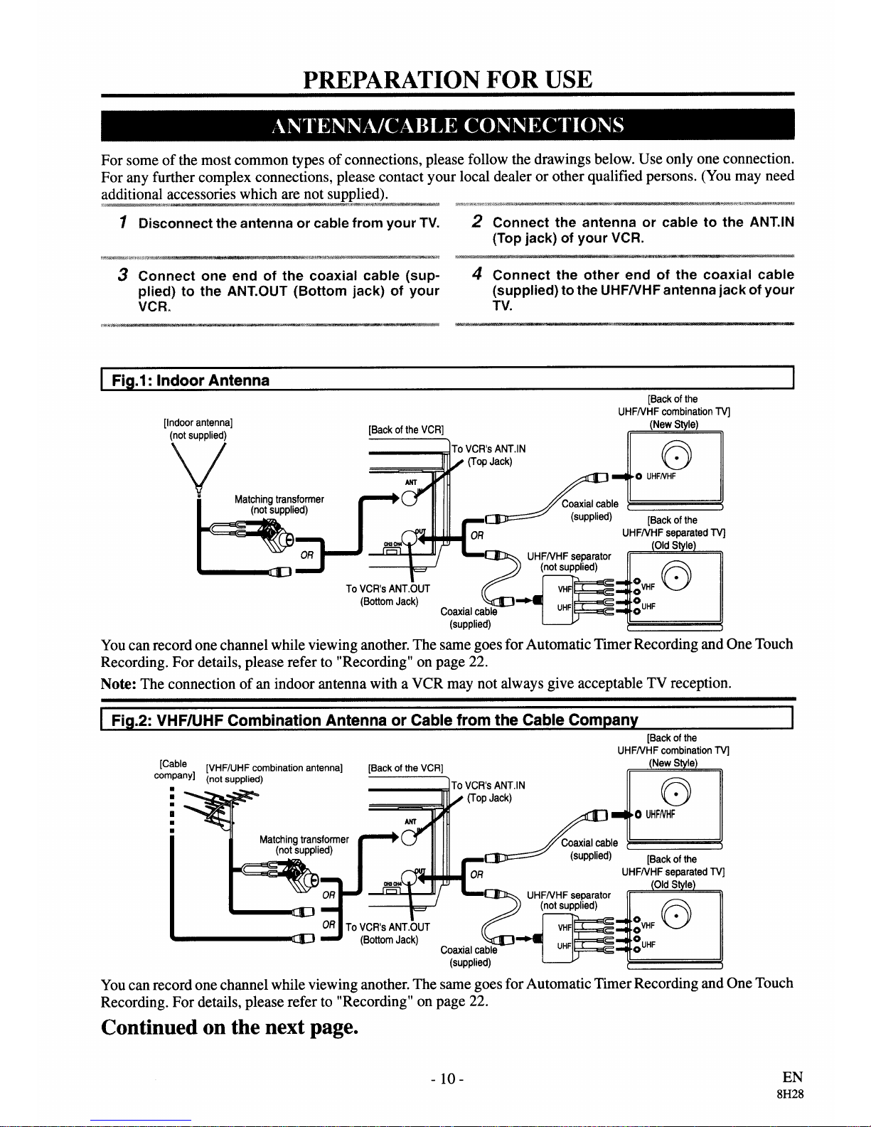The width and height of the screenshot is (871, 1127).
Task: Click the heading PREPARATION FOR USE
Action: (x=447, y=80)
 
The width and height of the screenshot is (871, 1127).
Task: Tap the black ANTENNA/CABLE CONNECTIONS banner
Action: (x=447, y=125)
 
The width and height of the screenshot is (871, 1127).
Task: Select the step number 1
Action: (x=123, y=222)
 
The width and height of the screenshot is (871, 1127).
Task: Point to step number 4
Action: (x=477, y=273)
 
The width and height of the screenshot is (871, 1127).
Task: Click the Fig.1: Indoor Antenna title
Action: (x=191, y=380)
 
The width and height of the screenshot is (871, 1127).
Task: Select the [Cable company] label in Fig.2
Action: (x=174, y=769)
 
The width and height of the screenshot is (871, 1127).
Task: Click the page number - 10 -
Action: (x=447, y=1079)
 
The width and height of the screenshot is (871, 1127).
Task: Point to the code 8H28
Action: (x=790, y=1094)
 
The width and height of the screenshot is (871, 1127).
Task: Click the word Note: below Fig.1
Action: (x=119, y=683)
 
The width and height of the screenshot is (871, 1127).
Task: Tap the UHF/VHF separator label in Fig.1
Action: (x=569, y=556)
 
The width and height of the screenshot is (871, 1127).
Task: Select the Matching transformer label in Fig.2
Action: (x=304, y=839)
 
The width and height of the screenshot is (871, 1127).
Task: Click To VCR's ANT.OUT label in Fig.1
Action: (x=388, y=589)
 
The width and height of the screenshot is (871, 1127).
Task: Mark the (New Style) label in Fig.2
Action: (x=673, y=763)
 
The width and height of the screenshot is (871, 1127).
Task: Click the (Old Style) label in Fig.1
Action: (x=673, y=545)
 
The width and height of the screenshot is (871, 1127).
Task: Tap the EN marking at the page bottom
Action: (x=793, y=1077)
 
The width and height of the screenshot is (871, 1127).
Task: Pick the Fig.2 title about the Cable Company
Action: (x=374, y=720)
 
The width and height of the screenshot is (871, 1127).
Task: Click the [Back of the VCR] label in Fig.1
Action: (x=406, y=430)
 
